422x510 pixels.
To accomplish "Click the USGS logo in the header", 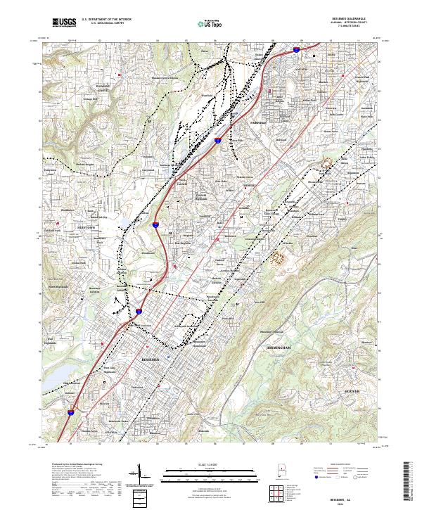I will pos(64,23).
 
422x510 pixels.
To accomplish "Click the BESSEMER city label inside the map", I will pos(151,359).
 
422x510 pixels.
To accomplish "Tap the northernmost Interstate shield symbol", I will pos(296,51).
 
